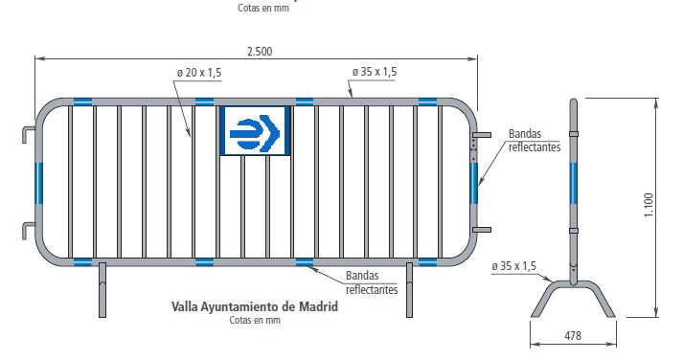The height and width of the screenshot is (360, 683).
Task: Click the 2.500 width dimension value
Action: point(260,52)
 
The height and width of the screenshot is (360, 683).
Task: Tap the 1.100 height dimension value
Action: point(649,205)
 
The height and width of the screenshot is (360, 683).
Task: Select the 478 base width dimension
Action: point(573,336)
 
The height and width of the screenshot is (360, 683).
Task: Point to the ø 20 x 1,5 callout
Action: point(199,72)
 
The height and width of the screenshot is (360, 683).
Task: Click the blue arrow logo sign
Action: point(255,131)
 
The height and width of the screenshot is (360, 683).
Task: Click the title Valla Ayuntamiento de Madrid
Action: point(255,306)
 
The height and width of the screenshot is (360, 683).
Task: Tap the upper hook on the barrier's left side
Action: point(29,134)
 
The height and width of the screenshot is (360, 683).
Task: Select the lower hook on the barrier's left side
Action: point(29,231)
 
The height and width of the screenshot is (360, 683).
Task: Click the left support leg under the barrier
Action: point(102,290)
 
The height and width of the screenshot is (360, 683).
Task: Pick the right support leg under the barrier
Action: point(409,290)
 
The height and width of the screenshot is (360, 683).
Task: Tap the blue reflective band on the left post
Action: point(39,183)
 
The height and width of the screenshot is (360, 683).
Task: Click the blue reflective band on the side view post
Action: point(573,183)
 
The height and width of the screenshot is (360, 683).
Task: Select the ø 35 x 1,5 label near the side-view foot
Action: point(513,266)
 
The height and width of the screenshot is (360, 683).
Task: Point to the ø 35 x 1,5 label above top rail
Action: point(375,72)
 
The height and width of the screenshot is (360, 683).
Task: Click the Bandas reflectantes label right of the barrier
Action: point(535,140)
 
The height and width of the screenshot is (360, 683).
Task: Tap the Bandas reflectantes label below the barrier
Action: point(372,282)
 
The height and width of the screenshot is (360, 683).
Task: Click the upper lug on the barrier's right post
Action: point(483,135)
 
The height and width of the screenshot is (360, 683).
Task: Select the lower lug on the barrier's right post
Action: point(483,230)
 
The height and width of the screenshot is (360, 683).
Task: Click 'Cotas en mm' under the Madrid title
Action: point(255,320)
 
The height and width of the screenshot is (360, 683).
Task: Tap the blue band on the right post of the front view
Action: point(474,183)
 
